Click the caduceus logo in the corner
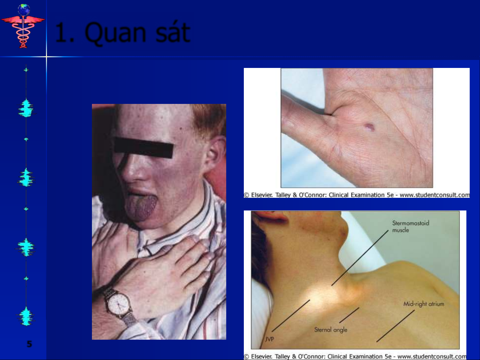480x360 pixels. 23,26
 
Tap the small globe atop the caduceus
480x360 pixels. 24,10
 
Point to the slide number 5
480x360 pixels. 29,344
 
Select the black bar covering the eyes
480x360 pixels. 144,147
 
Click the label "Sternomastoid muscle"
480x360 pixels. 410,226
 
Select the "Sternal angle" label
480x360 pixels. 331,330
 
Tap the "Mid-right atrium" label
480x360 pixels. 424,304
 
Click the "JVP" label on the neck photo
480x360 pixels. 269,339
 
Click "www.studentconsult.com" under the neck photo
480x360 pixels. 432,356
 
